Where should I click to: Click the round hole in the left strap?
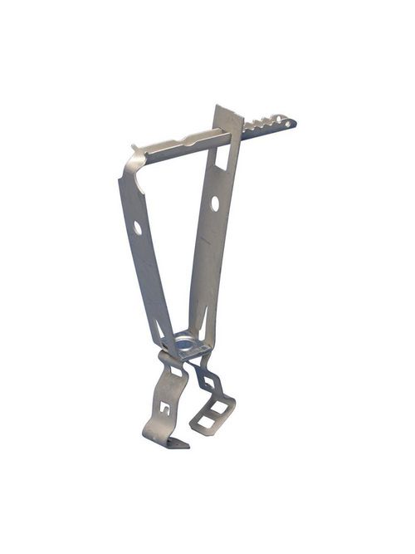tap(138, 227)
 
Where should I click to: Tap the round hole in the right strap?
tap(215, 202)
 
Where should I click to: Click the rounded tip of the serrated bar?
tap(290, 123)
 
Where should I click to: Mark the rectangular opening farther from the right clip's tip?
tap(218, 409)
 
